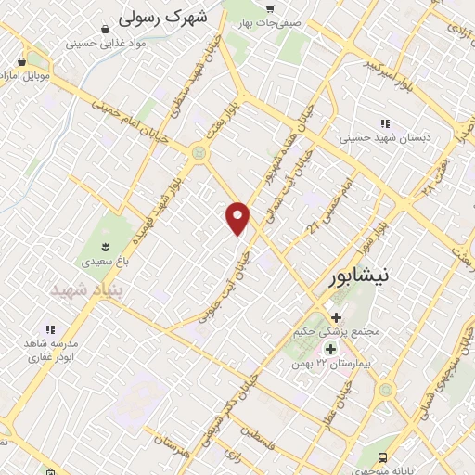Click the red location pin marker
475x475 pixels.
(238, 218)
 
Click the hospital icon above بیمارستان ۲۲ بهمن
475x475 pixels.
(329, 348)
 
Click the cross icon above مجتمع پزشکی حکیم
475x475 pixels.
(336, 316)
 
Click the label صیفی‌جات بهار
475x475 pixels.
(270, 21)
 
